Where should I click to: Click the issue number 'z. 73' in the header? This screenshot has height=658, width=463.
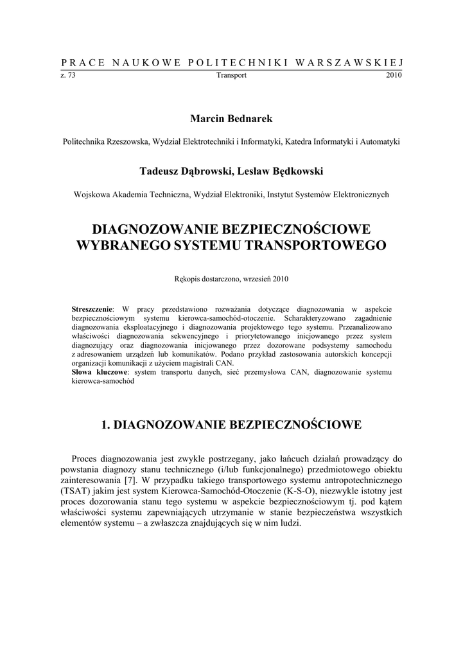pos(67,75)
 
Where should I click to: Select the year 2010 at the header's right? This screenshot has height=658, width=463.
pos(394,75)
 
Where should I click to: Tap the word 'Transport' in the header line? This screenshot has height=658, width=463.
pos(231,75)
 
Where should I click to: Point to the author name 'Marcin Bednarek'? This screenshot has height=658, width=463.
pos(231,119)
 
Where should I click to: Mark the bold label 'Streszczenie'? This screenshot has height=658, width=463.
pos(92,310)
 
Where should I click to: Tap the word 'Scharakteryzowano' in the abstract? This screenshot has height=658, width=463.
pos(311,318)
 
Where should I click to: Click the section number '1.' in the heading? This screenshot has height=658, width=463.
pos(107,425)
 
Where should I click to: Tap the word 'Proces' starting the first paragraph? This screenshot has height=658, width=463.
pos(85,459)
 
